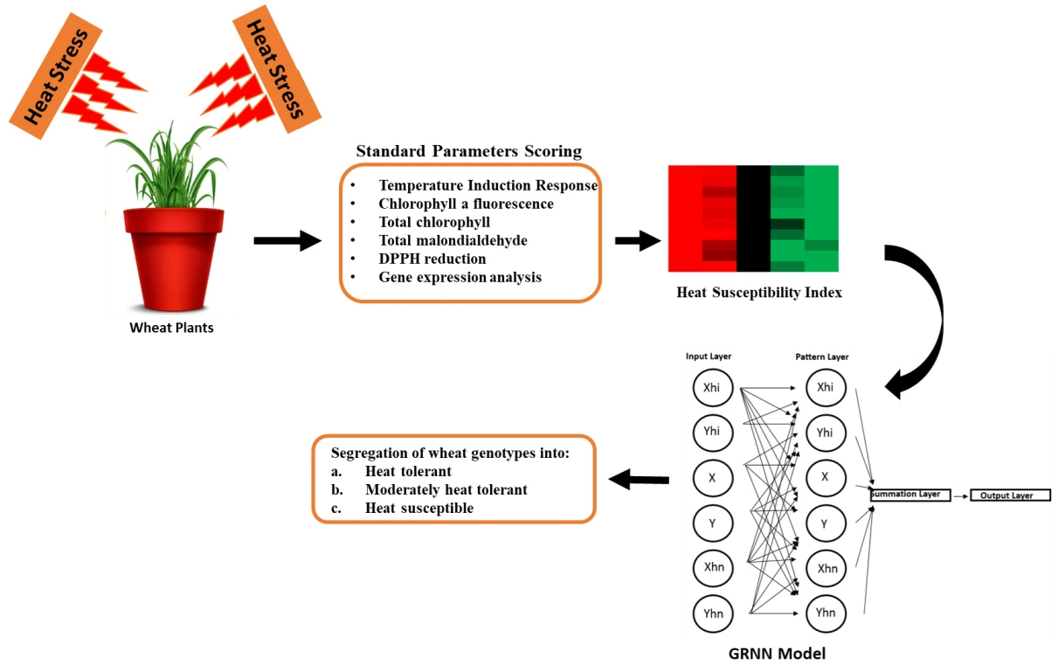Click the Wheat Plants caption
point(172,329)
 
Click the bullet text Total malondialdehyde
point(453,240)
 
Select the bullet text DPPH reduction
point(432,259)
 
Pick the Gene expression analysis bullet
point(460,277)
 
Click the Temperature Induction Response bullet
point(488,185)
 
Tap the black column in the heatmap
point(753,218)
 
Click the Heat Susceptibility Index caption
point(759,293)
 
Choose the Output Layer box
point(1007,495)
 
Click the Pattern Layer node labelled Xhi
point(825,387)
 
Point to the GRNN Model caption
point(777,653)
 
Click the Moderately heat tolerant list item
point(446,489)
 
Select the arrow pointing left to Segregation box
point(639,479)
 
